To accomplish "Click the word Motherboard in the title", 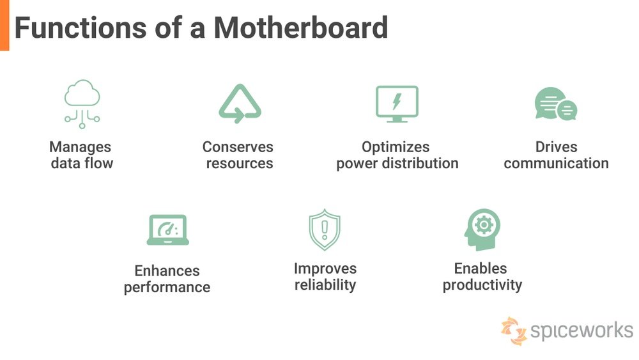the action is [301, 27].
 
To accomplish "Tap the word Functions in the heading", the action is [81, 27].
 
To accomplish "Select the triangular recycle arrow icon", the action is [240, 104].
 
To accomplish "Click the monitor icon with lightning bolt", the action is [397, 104].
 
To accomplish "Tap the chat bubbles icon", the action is [556, 104].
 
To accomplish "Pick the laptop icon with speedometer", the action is [168, 230].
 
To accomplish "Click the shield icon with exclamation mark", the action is [325, 230].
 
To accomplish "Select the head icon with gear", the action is [482, 230].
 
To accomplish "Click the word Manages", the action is [81, 147].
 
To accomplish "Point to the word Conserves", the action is [238, 147].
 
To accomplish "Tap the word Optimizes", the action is [396, 147].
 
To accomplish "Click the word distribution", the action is [420, 163].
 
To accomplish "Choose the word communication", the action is [557, 163].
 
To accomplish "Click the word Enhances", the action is [167, 270].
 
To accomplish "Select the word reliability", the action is [325, 285].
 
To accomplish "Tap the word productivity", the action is [482, 285].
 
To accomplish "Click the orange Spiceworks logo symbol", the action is [514, 331].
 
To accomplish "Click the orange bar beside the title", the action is [4, 26].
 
